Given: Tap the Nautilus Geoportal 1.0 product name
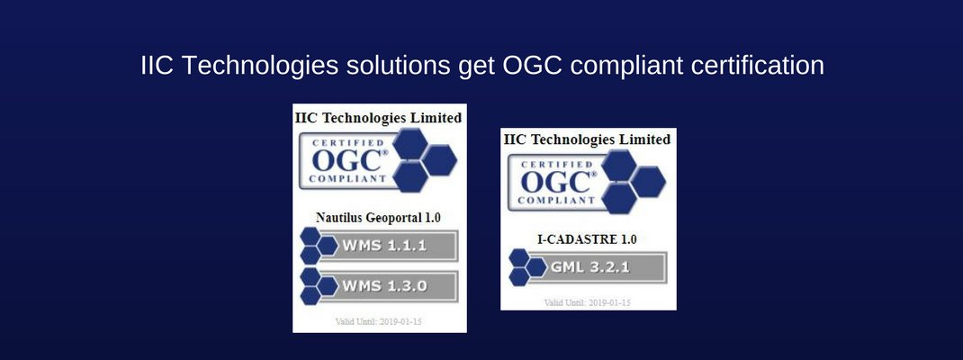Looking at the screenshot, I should pos(379,217).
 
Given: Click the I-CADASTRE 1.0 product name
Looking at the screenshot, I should pos(587,239).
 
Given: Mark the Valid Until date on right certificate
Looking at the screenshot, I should pos(587,302).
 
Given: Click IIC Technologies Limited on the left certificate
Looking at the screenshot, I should pos(379,118).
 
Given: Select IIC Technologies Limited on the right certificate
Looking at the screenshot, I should pos(587,139).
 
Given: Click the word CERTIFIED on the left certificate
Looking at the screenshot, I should pos(346,142).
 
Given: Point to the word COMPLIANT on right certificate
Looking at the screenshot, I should pos(553,199).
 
